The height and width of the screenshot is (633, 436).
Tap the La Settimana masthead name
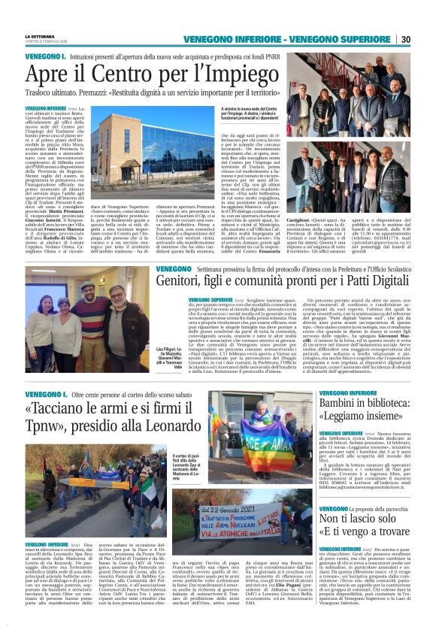[40, 36]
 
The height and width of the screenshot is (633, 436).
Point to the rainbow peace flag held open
[266, 436]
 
